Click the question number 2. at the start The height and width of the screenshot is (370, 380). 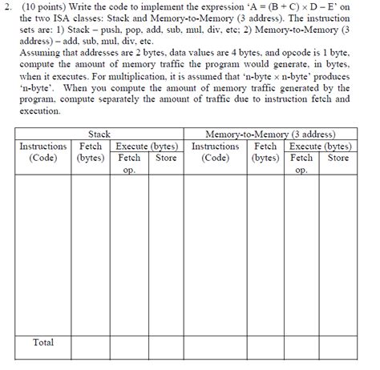click(8, 9)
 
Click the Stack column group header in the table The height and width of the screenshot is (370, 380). click(99, 135)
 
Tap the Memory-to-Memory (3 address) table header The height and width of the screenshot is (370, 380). click(270, 135)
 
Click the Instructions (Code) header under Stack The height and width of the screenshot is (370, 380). click(43, 152)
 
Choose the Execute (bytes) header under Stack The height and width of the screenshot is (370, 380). click(147, 147)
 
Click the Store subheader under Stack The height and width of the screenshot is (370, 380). click(165, 158)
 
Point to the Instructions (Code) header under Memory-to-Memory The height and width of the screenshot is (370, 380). click(215, 152)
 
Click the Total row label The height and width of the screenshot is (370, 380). click(43, 342)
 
